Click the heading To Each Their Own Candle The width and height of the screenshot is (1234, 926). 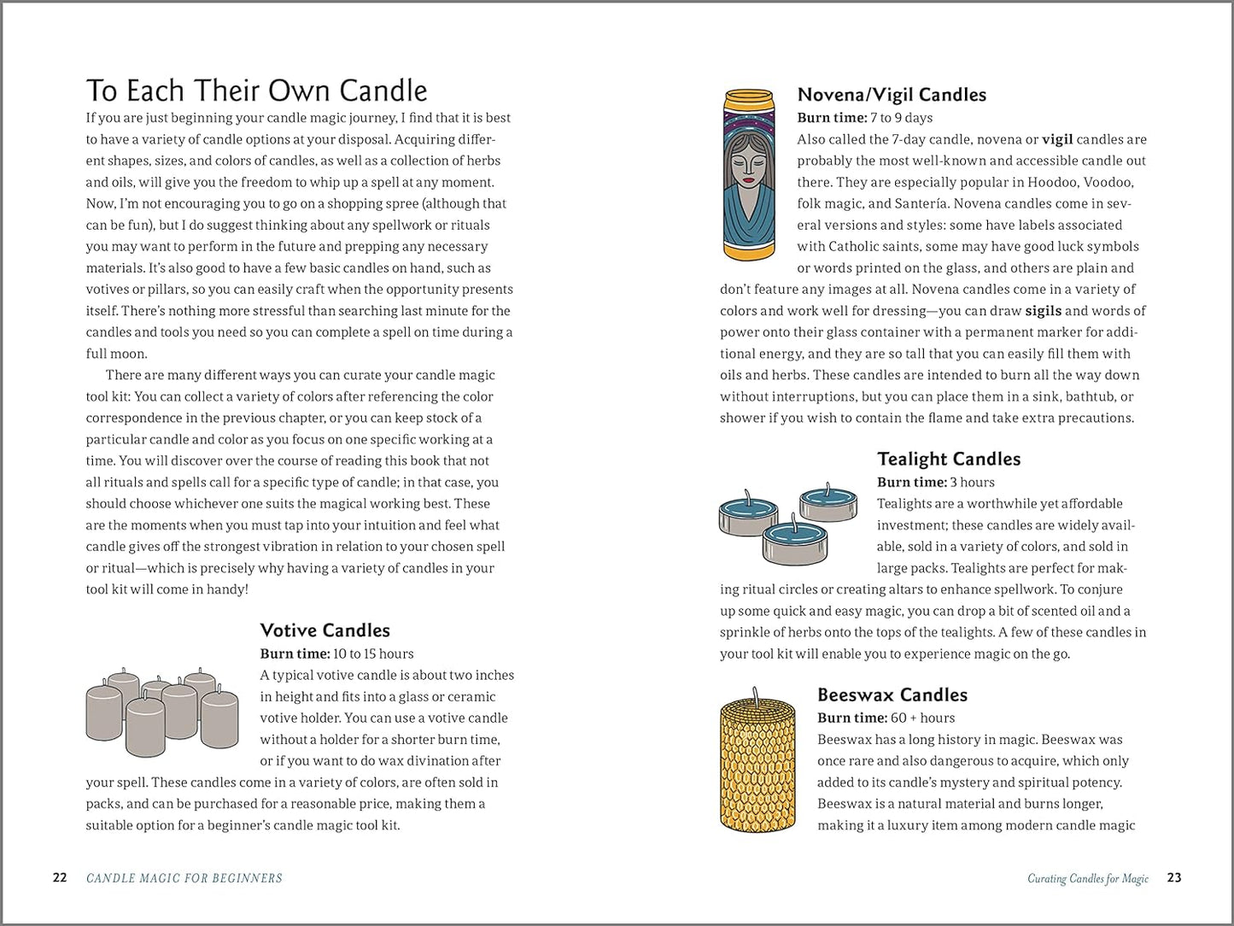pyautogui.click(x=256, y=91)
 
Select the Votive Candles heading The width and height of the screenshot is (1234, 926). pyautogui.click(x=325, y=630)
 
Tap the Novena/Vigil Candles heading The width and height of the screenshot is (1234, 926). pyautogui.click(x=892, y=95)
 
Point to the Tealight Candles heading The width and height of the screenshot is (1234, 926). pyautogui.click(x=949, y=459)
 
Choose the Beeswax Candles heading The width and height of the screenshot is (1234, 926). pyautogui.click(x=892, y=694)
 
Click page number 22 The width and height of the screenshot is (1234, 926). pyautogui.click(x=60, y=877)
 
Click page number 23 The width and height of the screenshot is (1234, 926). pyautogui.click(x=1174, y=877)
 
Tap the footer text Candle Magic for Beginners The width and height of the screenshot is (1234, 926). pyautogui.click(x=184, y=878)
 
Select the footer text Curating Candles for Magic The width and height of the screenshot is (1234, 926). pyautogui.click(x=1088, y=878)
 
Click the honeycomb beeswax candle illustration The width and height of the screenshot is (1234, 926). pyautogui.click(x=752, y=765)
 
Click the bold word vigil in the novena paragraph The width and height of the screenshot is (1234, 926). pyautogui.click(x=1058, y=139)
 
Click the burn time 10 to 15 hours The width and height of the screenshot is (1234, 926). pyautogui.click(x=373, y=653)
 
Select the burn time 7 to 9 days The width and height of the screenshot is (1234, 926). pyautogui.click(x=901, y=118)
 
